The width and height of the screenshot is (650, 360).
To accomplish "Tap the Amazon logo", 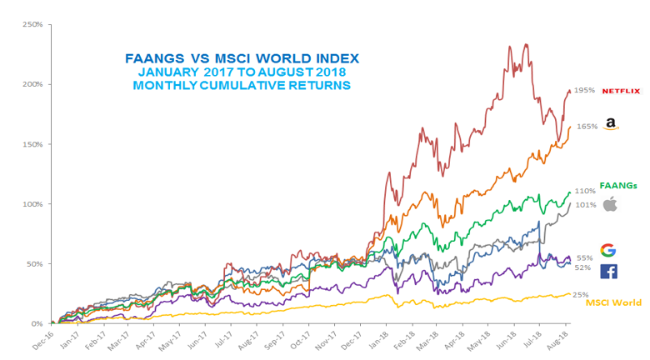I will point(611,124).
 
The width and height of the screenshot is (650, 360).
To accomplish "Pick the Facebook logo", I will point(608,270).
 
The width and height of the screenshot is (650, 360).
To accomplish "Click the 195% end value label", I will point(585,90).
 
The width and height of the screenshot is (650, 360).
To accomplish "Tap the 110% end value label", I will point(585,191).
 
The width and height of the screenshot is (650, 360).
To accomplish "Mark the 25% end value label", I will point(580,295).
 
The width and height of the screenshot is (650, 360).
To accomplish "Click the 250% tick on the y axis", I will point(32,24).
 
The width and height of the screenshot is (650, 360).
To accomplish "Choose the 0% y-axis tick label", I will point(37,323).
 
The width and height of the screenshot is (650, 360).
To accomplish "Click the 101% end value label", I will point(585,204).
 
